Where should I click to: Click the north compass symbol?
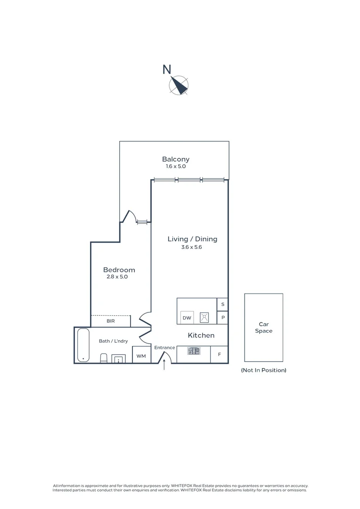coord(179,85)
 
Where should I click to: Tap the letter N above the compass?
coord(167,69)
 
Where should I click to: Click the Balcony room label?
coord(176,159)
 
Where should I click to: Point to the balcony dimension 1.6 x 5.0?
coord(176,166)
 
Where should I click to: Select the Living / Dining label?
coord(193,239)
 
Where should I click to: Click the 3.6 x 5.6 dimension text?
coord(191,247)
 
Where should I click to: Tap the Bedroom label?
coord(119,270)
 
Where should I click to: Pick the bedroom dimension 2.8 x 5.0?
coord(117,277)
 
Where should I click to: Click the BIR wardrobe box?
coord(111,321)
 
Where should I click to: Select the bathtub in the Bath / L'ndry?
coord(83,345)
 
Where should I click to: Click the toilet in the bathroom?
coord(104,358)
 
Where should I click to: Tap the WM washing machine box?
coord(141,355)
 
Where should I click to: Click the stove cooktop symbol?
coord(194,351)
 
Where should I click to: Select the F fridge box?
coord(220,354)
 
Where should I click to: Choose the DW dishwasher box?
coord(187,318)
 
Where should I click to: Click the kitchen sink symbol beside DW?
coord(204,318)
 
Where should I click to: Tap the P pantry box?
coord(223,318)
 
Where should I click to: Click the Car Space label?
coord(263,328)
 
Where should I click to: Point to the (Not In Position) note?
coord(263,370)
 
